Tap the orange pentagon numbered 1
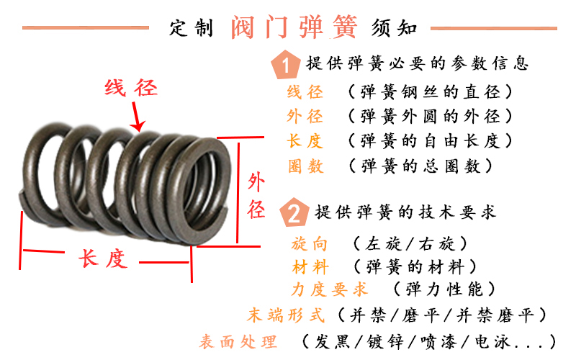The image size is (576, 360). coord(287,65)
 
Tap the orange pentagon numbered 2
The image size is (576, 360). coord(294,213)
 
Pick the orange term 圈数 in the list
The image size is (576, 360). coord(305,166)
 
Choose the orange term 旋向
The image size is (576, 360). coord(310,243)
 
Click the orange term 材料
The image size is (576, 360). coord(310,267)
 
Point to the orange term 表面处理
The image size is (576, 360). coord(238,341)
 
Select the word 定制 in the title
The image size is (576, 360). coord(192,29)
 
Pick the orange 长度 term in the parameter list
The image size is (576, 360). coord(305,141)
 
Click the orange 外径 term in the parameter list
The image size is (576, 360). coord(305,117)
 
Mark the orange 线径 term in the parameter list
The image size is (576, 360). coord(305,92)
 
